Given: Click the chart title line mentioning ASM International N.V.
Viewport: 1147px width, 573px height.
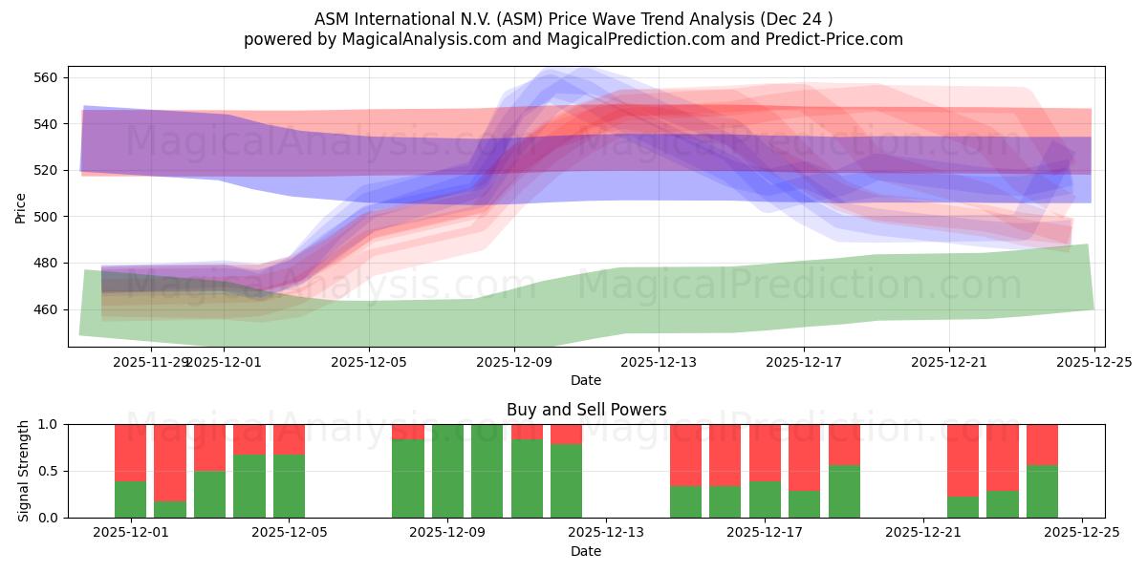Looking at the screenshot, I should [573, 18].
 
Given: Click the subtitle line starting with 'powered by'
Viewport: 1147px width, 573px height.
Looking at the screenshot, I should [573, 39].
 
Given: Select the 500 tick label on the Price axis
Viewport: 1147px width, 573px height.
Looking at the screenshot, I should [49, 217].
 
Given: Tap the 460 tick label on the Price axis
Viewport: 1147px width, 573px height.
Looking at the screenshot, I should [49, 309].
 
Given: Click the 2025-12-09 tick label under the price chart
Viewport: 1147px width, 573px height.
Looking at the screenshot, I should [514, 362].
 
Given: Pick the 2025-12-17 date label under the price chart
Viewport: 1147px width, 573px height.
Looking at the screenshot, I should [804, 362].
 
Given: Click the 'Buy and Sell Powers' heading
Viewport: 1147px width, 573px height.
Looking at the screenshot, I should [586, 410].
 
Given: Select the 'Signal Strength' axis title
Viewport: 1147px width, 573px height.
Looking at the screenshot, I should [25, 471].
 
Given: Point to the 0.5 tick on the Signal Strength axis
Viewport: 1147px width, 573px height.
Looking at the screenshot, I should [48, 471].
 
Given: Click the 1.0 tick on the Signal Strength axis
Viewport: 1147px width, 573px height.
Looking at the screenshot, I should [48, 424].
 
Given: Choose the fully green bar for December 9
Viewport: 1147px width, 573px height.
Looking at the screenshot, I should [447, 471].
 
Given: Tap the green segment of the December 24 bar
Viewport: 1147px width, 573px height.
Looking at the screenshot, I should [1042, 492].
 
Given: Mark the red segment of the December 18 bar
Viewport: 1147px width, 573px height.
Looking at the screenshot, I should [844, 444].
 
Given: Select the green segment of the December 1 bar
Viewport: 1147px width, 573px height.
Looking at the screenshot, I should [130, 499].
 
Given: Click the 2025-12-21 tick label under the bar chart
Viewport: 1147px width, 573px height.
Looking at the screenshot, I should [922, 534].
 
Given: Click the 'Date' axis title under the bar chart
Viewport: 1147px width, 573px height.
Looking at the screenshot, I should [586, 551].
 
